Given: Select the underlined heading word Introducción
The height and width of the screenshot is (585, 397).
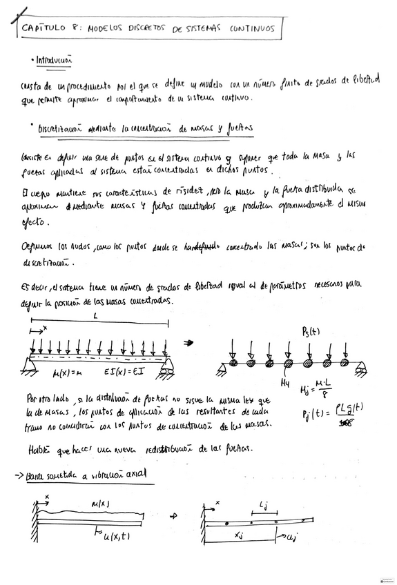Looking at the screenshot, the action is pos(55,60).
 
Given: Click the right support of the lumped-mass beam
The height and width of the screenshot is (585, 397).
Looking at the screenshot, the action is pos(360,371).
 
